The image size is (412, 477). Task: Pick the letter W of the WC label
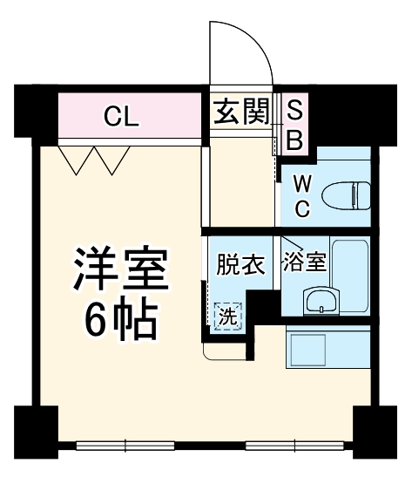[x=301, y=185]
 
